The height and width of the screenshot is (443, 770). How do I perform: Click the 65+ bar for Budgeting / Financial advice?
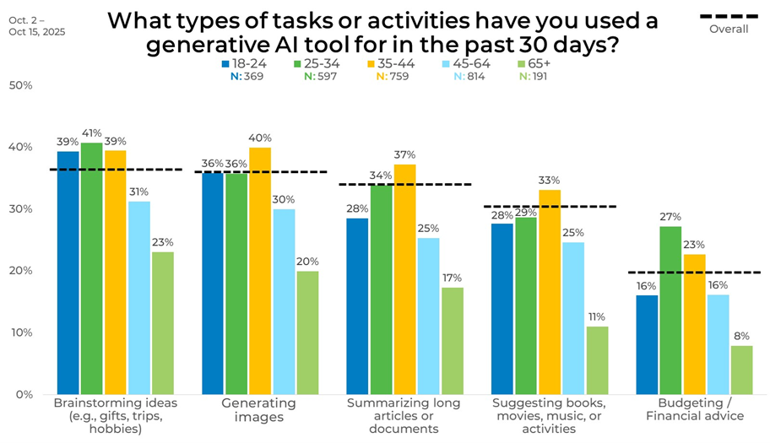tap(741, 370)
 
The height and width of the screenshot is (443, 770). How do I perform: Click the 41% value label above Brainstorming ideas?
tap(91, 133)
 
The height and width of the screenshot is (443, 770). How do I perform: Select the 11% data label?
tap(597, 317)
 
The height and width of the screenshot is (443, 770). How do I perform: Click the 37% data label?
tap(405, 154)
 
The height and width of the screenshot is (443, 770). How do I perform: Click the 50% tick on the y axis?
tap(20, 85)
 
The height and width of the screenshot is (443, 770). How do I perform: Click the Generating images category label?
tap(259, 409)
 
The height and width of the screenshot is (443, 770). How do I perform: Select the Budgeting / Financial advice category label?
tap(695, 409)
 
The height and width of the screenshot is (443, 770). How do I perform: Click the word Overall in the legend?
tap(728, 29)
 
